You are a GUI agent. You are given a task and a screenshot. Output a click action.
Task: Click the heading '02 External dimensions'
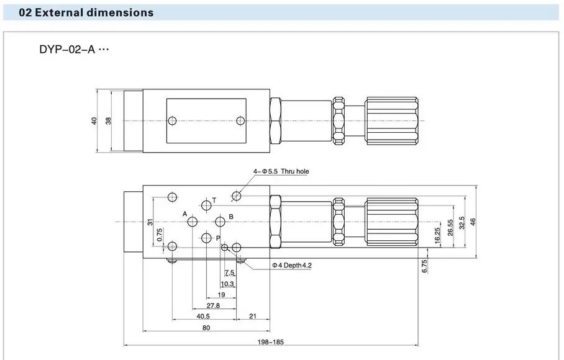click(86, 12)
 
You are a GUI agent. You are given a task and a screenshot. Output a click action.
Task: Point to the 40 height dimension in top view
click(95, 121)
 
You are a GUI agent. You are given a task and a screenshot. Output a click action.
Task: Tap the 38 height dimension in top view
click(109, 121)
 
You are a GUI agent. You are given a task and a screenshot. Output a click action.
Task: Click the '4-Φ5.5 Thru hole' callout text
click(281, 171)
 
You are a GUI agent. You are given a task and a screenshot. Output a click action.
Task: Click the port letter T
click(214, 200)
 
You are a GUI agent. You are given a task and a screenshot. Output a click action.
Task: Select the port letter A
click(185, 214)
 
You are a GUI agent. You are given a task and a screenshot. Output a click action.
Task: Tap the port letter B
click(230, 216)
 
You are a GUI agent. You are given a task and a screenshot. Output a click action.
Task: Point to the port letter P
click(217, 238)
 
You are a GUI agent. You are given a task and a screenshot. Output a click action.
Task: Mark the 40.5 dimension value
click(203, 317)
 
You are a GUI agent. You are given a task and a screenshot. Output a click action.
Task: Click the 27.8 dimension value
click(213, 305)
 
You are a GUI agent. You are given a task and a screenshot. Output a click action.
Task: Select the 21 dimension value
click(252, 317)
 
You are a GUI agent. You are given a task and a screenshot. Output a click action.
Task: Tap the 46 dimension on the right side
click(473, 222)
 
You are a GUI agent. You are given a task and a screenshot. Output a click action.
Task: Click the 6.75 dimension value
click(425, 265)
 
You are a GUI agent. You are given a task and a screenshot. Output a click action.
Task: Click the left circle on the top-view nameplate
click(174, 120)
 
